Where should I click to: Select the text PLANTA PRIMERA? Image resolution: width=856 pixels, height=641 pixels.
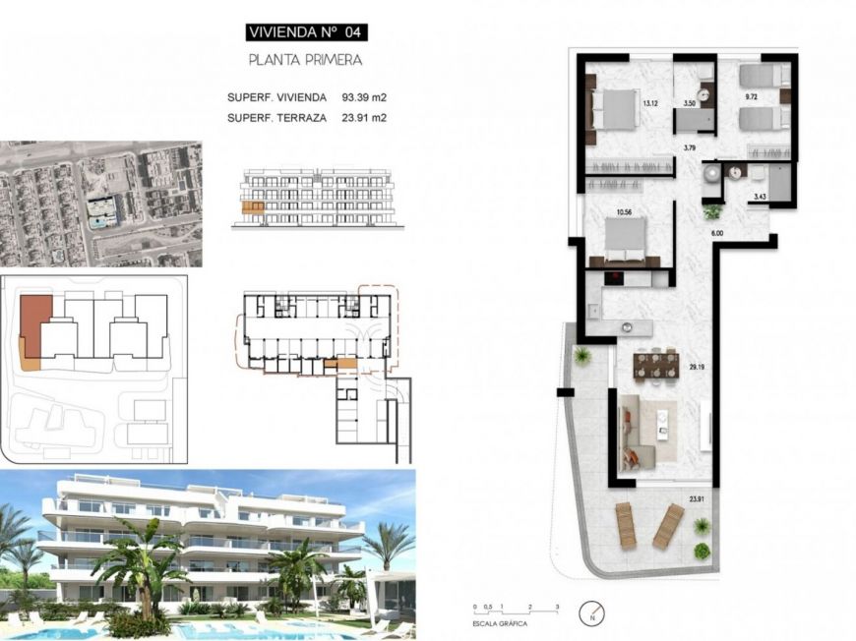point(305,60)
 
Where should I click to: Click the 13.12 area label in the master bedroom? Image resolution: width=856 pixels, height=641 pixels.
point(649,102)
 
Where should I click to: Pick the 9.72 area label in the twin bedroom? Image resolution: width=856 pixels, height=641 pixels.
point(752,96)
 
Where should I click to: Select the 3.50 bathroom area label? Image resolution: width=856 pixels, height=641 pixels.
point(690,102)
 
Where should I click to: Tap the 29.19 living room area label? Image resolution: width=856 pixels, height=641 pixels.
point(698,369)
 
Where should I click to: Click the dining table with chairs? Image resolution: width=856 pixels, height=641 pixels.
point(656,366)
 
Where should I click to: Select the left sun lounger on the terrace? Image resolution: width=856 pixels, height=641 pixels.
point(627,526)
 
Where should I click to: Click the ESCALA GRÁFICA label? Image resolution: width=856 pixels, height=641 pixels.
point(500,623)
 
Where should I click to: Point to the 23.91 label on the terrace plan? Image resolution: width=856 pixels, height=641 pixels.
point(697,500)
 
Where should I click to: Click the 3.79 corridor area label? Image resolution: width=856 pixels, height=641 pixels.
point(690,148)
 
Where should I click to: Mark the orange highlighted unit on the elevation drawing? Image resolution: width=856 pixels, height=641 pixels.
point(253,208)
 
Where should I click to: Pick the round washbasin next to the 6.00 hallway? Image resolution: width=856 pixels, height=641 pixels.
point(712,174)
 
